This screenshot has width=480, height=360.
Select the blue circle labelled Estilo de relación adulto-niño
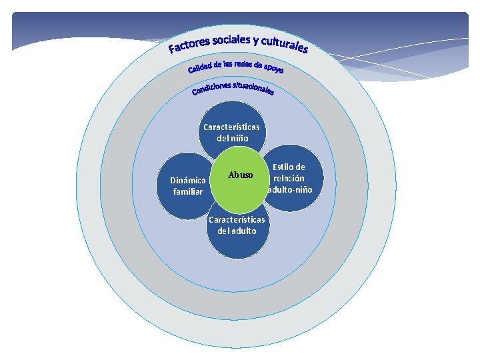pos(291,178)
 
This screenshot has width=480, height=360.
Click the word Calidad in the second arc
pos(199,67)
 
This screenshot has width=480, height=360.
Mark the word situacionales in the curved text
pos(254,87)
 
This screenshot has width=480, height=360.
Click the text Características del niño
pos(231,132)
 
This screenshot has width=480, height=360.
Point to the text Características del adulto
pos(237,225)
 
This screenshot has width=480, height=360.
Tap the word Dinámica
pos(187,180)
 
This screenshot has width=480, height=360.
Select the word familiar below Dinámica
pos(187,192)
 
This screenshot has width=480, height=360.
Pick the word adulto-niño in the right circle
pos(289,189)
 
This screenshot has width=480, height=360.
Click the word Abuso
pos(241,175)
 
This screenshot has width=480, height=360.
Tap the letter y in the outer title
pos(255,39)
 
